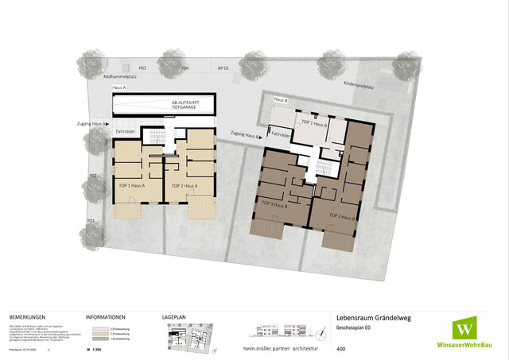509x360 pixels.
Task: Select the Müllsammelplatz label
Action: (115, 77)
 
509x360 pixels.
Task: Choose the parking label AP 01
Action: (223, 69)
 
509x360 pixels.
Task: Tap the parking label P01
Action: (92, 220)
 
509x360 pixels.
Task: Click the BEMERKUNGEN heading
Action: (27, 315)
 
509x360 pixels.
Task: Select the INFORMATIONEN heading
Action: (104, 315)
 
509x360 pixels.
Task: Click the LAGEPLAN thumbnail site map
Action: (188, 335)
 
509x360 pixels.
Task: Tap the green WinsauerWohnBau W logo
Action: (466, 328)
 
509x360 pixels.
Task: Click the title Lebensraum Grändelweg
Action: (373, 316)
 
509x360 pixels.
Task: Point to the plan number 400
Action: (341, 349)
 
